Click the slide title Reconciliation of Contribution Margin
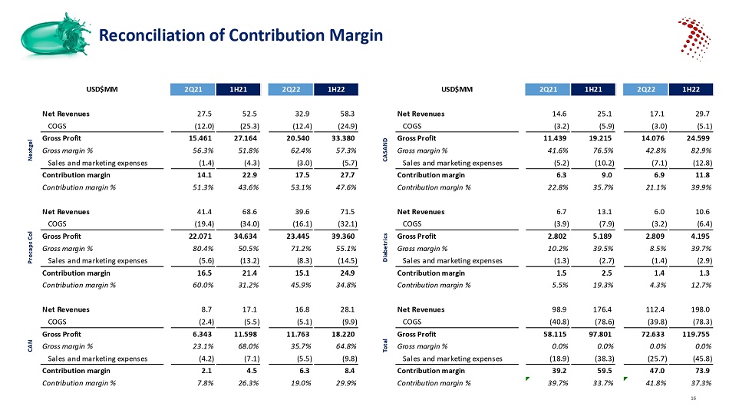(x=242, y=35)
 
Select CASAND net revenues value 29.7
(x=701, y=114)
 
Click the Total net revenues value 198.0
(x=699, y=309)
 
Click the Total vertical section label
(x=384, y=346)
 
